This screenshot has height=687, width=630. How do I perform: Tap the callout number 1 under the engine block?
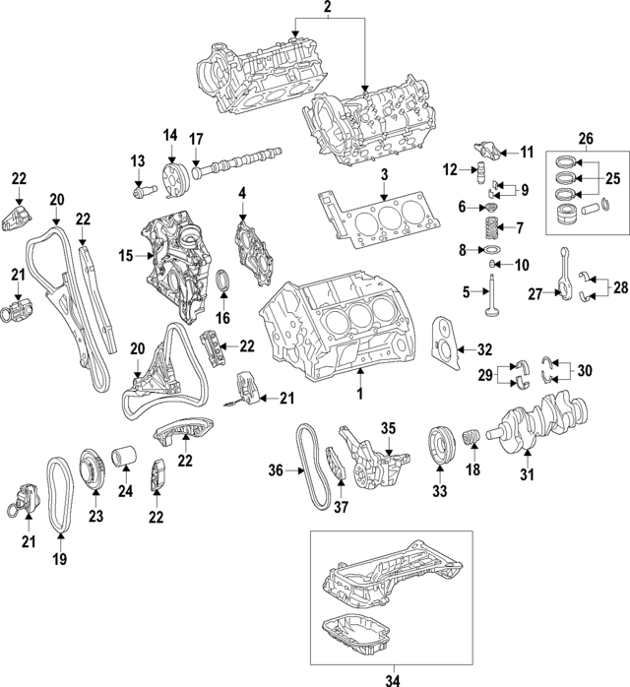tap(360, 394)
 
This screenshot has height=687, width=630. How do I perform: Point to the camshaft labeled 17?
tap(239, 160)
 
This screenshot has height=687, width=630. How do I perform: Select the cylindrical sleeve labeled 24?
tap(124, 460)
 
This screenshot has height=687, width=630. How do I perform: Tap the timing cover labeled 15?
tap(179, 256)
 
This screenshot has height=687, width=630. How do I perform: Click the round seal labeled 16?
tap(223, 283)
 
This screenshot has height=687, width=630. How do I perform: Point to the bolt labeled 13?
tap(143, 185)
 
